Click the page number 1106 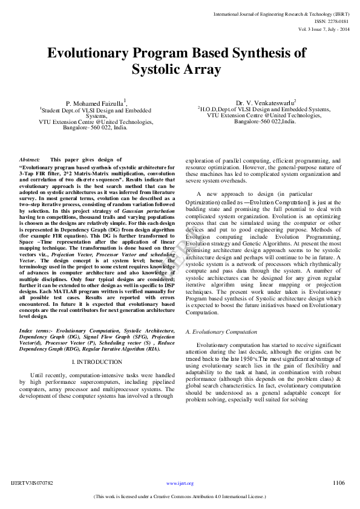[x=338, y=482]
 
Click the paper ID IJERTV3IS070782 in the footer [x=32, y=483]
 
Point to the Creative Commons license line [x=180, y=496]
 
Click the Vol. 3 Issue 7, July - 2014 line [x=324, y=28]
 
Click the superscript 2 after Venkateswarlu [x=295, y=102]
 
